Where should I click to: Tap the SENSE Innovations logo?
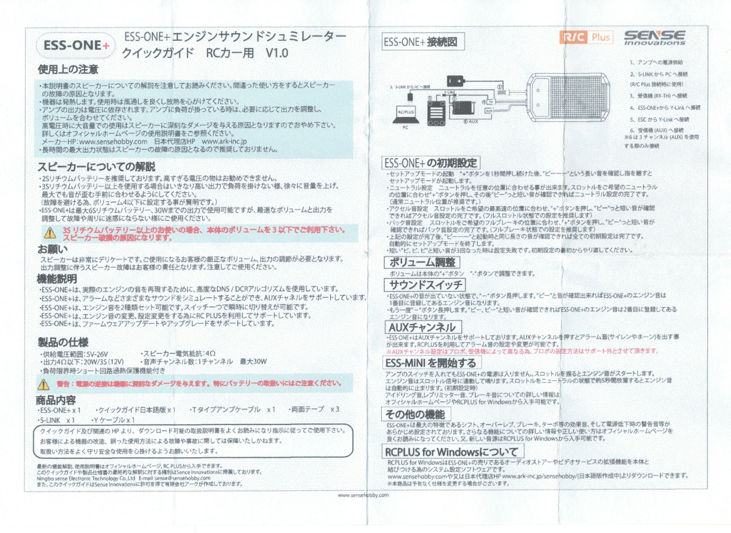tap(654, 37)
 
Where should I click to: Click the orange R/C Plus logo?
tap(586, 38)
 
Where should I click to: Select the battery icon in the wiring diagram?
tap(455, 80)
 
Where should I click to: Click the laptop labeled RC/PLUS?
tap(406, 115)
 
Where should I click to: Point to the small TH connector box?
tap(490, 102)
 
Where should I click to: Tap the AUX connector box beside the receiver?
tap(489, 111)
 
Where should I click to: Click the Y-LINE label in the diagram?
tap(449, 92)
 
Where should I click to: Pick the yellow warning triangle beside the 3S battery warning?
tap(50, 233)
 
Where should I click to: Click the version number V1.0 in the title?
tap(277, 53)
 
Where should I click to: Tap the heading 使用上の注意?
tap(68, 69)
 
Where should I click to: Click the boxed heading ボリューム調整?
tap(422, 262)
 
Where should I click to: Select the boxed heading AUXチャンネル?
tap(422, 327)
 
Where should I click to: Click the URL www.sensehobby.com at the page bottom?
tap(363, 495)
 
